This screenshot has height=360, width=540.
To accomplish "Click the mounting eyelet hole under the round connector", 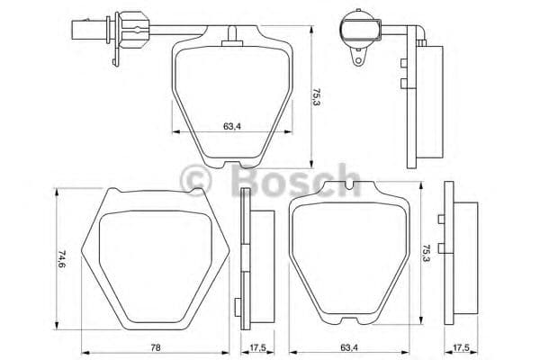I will (x=358, y=63).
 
